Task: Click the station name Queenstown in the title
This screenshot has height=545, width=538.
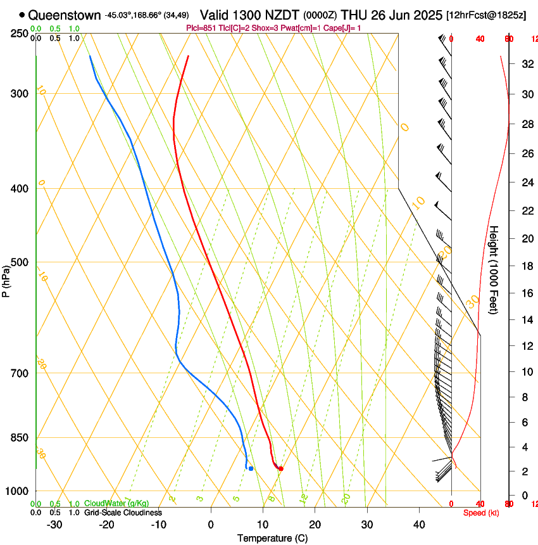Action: click(65, 15)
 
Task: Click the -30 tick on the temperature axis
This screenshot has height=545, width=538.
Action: click(54, 525)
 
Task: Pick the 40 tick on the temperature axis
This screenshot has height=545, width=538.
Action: click(419, 525)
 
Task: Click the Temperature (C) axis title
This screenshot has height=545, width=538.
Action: click(272, 539)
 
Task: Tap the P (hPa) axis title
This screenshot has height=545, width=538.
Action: click(6, 279)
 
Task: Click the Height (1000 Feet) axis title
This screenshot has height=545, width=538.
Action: click(494, 269)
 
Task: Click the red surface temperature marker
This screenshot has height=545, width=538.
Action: click(280, 469)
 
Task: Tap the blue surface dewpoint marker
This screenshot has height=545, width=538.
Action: click(251, 469)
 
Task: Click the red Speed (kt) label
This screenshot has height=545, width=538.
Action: click(481, 513)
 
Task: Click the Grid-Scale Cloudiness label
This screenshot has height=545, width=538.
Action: click(123, 513)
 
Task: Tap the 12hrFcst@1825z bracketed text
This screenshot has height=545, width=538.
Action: click(486, 15)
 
